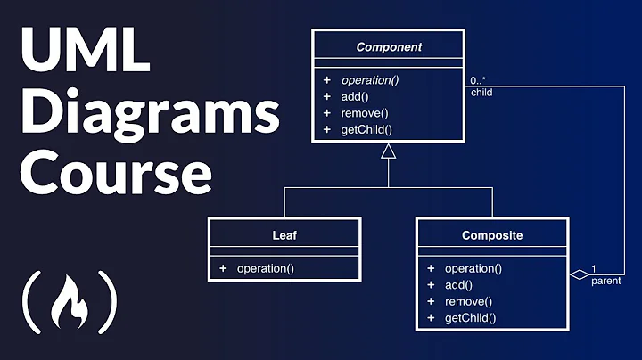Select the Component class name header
(389, 47)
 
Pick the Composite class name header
(491, 236)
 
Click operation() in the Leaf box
(265, 268)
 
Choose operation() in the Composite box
(473, 268)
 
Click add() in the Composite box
(458, 284)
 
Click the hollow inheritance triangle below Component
(389, 153)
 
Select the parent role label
(606, 282)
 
